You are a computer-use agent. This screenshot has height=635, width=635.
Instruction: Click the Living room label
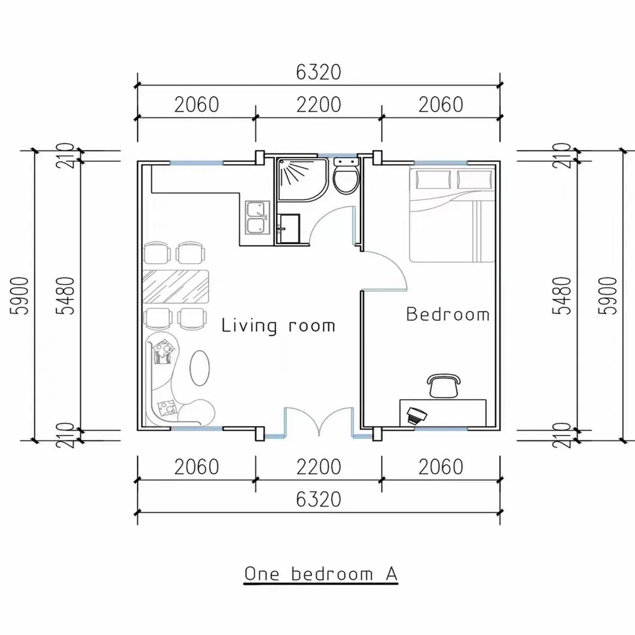278,326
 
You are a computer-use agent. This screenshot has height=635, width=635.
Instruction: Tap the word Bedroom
447,315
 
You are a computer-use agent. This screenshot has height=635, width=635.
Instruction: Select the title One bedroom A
321,573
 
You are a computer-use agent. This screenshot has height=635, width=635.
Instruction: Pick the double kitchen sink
257,217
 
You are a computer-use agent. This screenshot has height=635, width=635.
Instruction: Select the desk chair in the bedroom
444,385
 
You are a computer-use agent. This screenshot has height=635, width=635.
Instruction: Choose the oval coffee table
199,367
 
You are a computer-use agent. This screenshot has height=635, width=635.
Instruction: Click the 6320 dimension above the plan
318,72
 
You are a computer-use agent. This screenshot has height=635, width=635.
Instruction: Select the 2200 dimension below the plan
318,466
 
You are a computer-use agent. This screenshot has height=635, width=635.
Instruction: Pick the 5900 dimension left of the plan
20,295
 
